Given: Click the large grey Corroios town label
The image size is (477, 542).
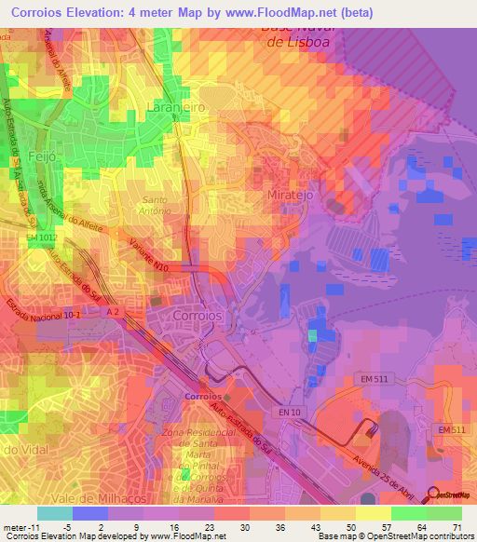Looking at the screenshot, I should [198, 316].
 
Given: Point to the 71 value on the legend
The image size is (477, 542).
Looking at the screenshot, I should [456, 528].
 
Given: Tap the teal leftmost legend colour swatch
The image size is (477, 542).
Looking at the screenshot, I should [54, 513].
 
